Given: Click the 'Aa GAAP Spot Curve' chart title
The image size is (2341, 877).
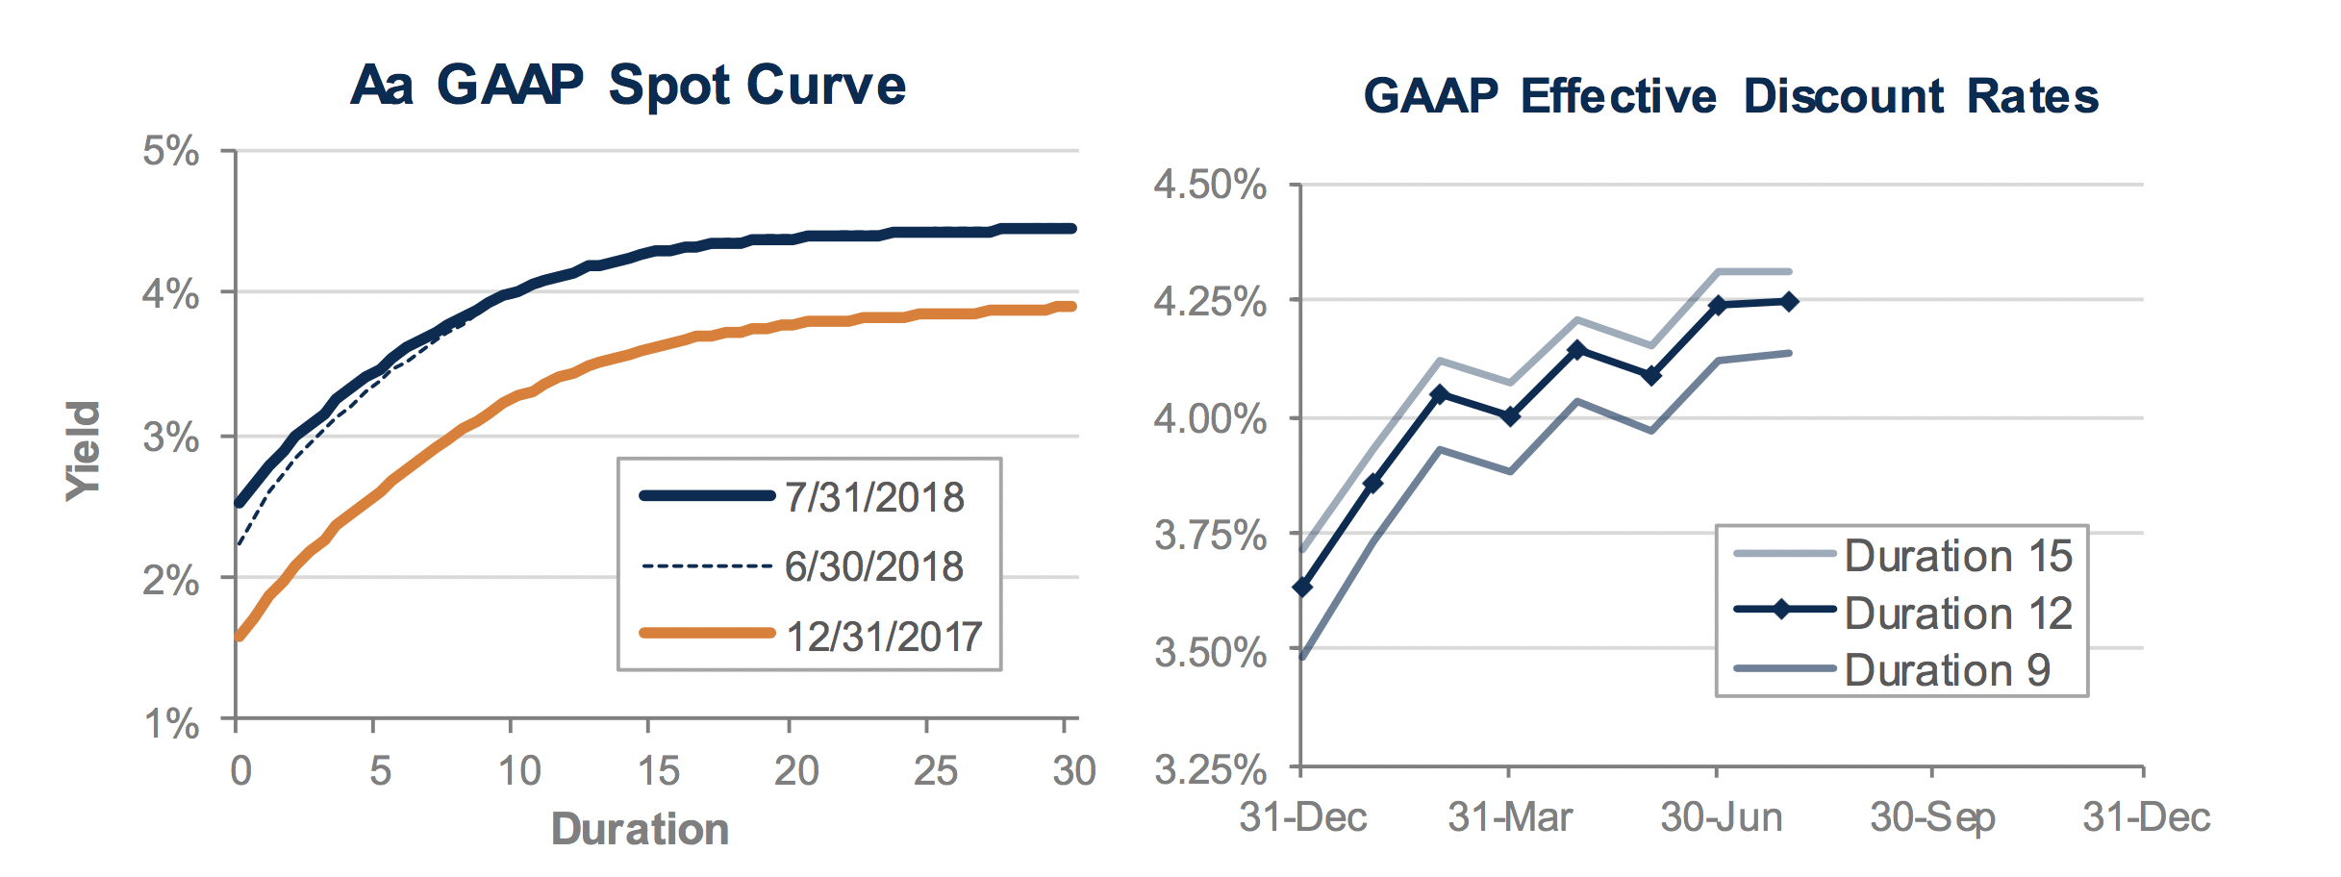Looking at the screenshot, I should [x=628, y=86].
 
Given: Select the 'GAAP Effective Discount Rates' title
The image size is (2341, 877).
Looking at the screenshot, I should [x=1730, y=97].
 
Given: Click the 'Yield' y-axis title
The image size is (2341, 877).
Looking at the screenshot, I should [x=84, y=450].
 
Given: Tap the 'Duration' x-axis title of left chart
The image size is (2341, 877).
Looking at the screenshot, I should [x=640, y=829].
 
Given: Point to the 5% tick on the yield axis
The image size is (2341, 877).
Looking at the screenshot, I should [x=171, y=151].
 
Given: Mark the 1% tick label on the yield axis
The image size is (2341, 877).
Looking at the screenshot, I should [x=171, y=722].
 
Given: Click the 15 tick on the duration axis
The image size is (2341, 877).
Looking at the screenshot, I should [x=659, y=771].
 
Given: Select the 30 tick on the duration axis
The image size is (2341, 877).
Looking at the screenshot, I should [x=1073, y=771].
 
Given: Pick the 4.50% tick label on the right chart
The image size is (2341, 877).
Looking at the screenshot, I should [x=1210, y=184].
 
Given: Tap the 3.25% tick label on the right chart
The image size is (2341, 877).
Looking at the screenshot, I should [x=1210, y=769].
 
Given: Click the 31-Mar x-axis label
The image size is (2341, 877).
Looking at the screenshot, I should [x=1510, y=817].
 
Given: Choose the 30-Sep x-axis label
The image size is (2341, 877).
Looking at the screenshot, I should [x=1932, y=817].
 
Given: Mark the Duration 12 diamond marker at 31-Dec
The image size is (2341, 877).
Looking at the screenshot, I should [x=1302, y=587].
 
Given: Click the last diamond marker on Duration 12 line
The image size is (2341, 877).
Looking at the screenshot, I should [x=1789, y=302].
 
